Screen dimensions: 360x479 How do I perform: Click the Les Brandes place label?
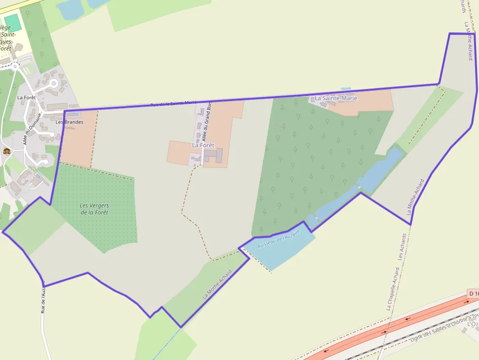pyautogui.click(x=69, y=122)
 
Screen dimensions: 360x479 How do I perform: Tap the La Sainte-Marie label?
pyautogui.click(x=336, y=98)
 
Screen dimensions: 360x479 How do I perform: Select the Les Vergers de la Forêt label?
pyautogui.click(x=94, y=209)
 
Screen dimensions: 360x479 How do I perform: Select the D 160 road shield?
pyautogui.click(x=473, y=294)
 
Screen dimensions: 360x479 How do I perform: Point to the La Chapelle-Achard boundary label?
pyautogui.click(x=393, y=288)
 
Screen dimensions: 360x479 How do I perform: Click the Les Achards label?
pyautogui.click(x=402, y=246)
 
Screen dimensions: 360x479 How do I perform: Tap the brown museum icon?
pyautogui.click(x=7, y=151)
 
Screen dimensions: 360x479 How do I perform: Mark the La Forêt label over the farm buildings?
pyautogui.click(x=203, y=145)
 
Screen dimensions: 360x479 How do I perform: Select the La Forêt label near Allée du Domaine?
pyautogui.click(x=26, y=97)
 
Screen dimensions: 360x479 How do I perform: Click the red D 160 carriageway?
pyautogui.click(x=391, y=327)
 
